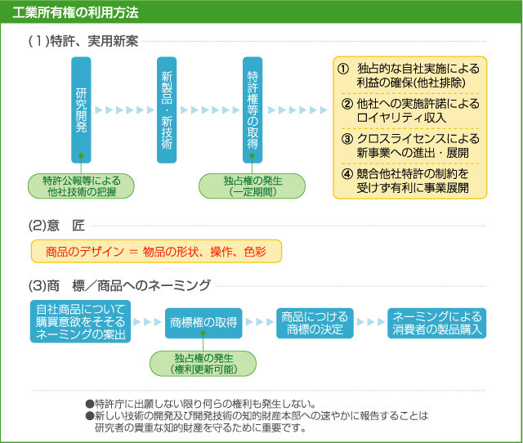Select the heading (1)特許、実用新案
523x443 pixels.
[x=83, y=40]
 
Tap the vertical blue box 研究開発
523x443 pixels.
[x=81, y=110]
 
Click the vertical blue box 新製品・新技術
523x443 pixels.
[x=167, y=110]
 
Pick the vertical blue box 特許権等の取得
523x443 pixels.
[x=253, y=110]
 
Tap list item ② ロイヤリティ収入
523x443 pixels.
[x=409, y=110]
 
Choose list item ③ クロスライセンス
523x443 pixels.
[x=409, y=145]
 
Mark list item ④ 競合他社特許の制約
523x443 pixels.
[x=409, y=181]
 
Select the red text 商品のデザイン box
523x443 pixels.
[x=155, y=251]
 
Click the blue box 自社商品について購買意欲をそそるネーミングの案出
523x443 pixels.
[x=81, y=321]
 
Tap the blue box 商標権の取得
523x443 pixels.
[x=203, y=322]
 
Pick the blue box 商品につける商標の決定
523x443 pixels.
[x=315, y=322]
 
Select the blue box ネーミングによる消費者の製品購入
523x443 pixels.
[x=437, y=322]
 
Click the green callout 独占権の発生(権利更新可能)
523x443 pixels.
[x=203, y=364]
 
